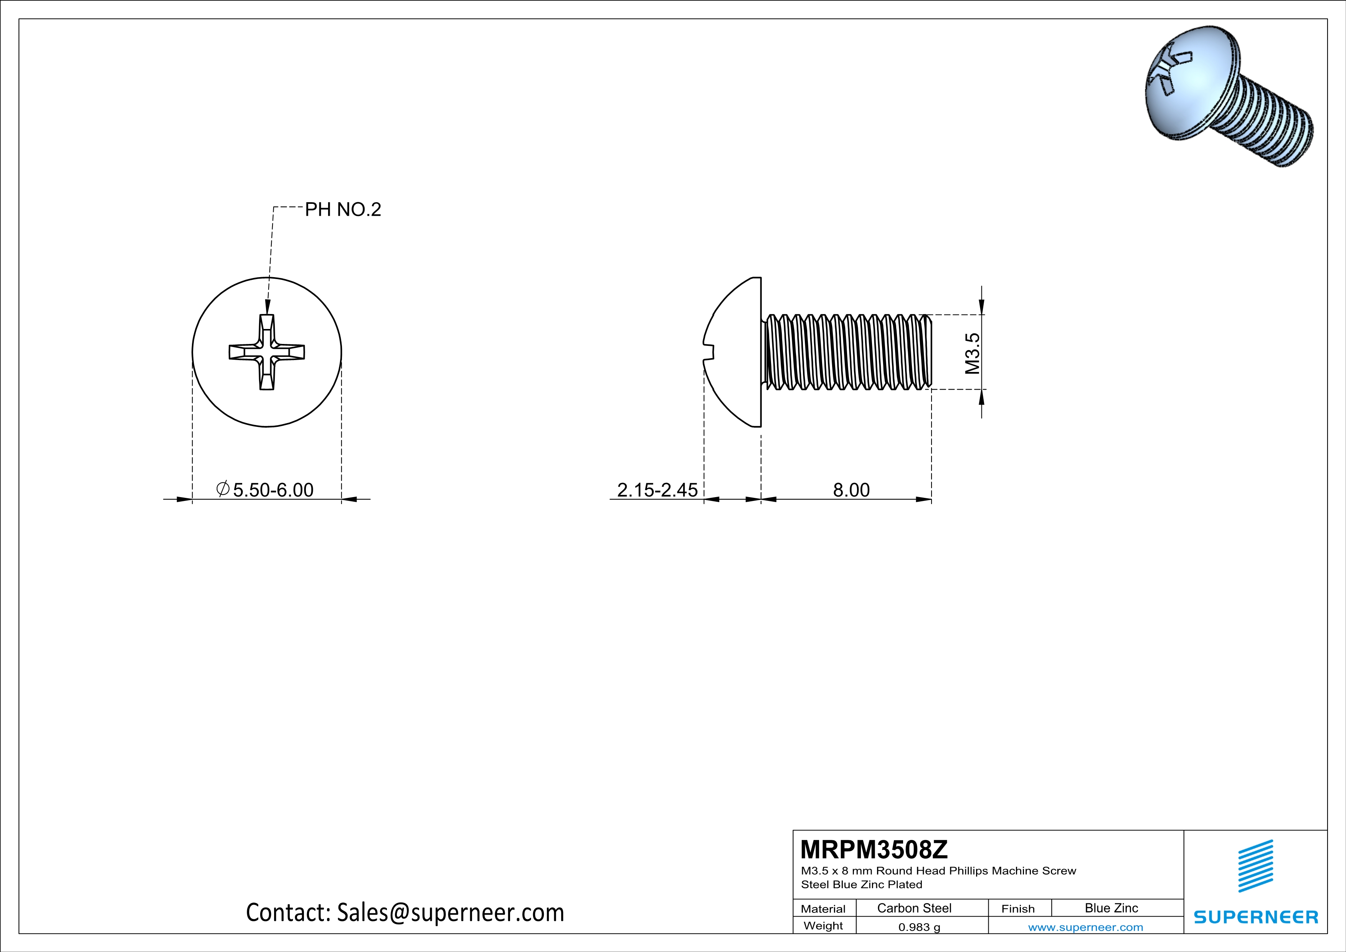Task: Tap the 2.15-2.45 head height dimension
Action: pos(657,489)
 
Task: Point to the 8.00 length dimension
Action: pos(851,489)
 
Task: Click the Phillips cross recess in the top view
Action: pos(267,352)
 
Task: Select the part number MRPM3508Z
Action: pos(874,849)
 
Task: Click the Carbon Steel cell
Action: pos(914,908)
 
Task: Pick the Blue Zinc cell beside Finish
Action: pos(1111,908)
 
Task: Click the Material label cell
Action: pos(823,909)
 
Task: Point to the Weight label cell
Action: pos(823,926)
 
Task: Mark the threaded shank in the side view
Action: pos(847,352)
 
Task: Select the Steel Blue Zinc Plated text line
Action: pos(861,884)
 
